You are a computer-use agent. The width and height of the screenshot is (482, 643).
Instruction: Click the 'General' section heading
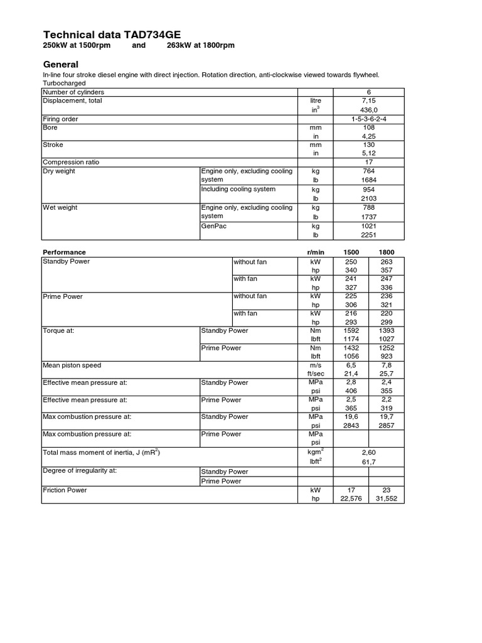coord(60,64)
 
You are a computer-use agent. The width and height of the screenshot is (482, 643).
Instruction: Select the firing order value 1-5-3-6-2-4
coord(368,119)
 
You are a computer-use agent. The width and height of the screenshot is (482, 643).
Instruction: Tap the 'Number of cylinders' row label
coord(73,92)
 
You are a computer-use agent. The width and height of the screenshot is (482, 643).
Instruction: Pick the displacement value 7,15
coord(368,100)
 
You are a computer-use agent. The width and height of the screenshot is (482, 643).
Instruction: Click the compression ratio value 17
coord(368,162)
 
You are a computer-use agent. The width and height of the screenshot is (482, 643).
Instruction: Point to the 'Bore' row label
coord(50,127)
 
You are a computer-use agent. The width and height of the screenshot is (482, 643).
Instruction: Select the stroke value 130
coord(368,144)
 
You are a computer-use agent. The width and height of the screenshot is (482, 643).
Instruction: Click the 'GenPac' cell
coord(213,225)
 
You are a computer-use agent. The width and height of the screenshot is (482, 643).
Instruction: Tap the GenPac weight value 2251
coord(368,234)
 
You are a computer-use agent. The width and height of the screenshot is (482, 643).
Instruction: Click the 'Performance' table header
coord(63,252)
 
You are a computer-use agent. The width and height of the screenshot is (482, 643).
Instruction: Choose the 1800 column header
coord(387,252)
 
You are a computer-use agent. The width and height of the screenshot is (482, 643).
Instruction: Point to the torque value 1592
coord(351,330)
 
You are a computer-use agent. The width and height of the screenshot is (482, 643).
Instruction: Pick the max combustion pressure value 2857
coord(387,425)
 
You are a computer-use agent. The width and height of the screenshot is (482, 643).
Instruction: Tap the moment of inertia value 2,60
coord(368,451)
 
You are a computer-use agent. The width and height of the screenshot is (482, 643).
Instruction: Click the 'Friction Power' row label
coord(65,490)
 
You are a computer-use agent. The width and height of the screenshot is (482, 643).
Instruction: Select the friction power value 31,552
coord(387,499)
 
